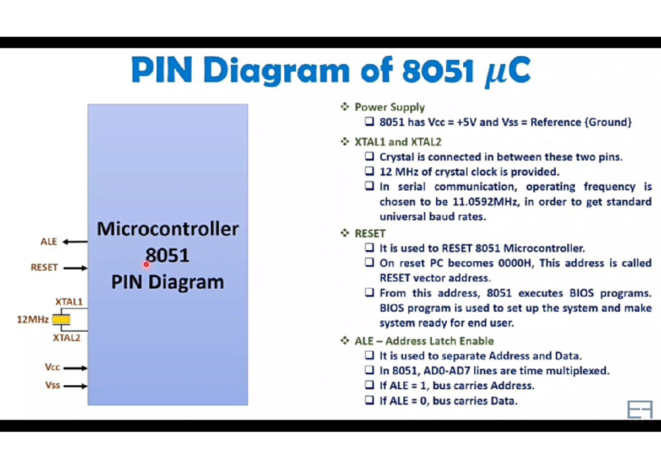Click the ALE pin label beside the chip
(x=48, y=241)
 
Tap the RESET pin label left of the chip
(x=44, y=267)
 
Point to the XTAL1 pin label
(x=69, y=302)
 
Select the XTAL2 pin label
(x=67, y=337)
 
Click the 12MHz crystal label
(x=32, y=319)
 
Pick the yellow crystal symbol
(x=61, y=319)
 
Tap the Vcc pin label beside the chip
(x=52, y=367)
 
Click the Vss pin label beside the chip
(x=52, y=385)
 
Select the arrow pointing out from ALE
(x=75, y=241)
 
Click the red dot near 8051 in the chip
(x=147, y=264)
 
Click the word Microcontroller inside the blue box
(x=167, y=229)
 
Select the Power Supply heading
(x=389, y=107)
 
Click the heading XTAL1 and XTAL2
(x=398, y=142)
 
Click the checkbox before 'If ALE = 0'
(x=370, y=401)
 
